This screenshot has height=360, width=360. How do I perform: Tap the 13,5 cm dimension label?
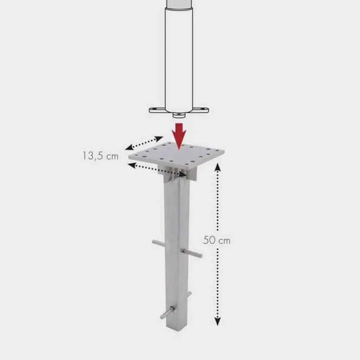click(100, 156)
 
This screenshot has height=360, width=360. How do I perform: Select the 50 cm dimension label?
click(216, 240)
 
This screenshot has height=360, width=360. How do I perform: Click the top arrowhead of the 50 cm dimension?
click(218, 167)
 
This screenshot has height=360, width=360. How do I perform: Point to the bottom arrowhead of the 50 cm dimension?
click(218, 321)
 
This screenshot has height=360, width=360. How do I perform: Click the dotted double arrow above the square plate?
click(144, 143)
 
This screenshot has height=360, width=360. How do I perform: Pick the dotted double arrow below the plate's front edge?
click(157, 170)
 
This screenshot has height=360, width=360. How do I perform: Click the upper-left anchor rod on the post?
click(159, 243)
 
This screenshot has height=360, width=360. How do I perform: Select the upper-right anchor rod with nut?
click(191, 253)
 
